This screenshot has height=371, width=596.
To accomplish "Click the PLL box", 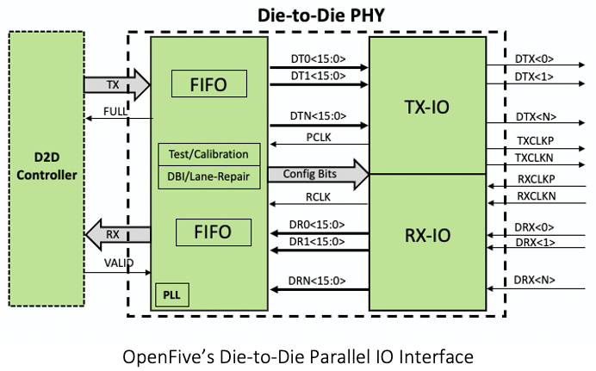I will pos(172,294).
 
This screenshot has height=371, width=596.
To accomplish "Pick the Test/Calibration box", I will pos(209,154).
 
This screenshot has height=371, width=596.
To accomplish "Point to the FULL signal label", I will pos(116,111).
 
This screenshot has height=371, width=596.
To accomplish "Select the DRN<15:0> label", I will pos(318,281).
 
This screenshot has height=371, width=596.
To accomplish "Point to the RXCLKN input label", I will pos(535,196).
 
